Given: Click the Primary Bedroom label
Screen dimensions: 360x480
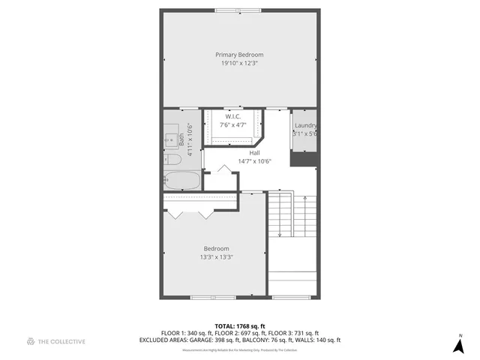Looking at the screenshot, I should (x=239, y=55).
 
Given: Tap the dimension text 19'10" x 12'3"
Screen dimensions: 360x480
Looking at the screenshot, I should (x=239, y=64).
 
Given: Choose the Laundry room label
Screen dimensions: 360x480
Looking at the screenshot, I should (x=304, y=125).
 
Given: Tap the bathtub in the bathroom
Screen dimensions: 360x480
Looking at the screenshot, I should (x=182, y=180).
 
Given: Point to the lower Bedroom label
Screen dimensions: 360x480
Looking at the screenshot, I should (x=216, y=248).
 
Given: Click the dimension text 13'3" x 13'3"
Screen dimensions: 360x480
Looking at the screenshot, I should (x=216, y=257).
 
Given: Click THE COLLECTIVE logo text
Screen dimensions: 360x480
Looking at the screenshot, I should (x=62, y=341).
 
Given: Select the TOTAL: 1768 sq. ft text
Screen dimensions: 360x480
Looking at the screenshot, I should (x=239, y=326).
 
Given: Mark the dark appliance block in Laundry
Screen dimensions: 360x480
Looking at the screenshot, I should (x=304, y=159).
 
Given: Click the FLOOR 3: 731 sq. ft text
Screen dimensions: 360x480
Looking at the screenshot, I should (x=292, y=333).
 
